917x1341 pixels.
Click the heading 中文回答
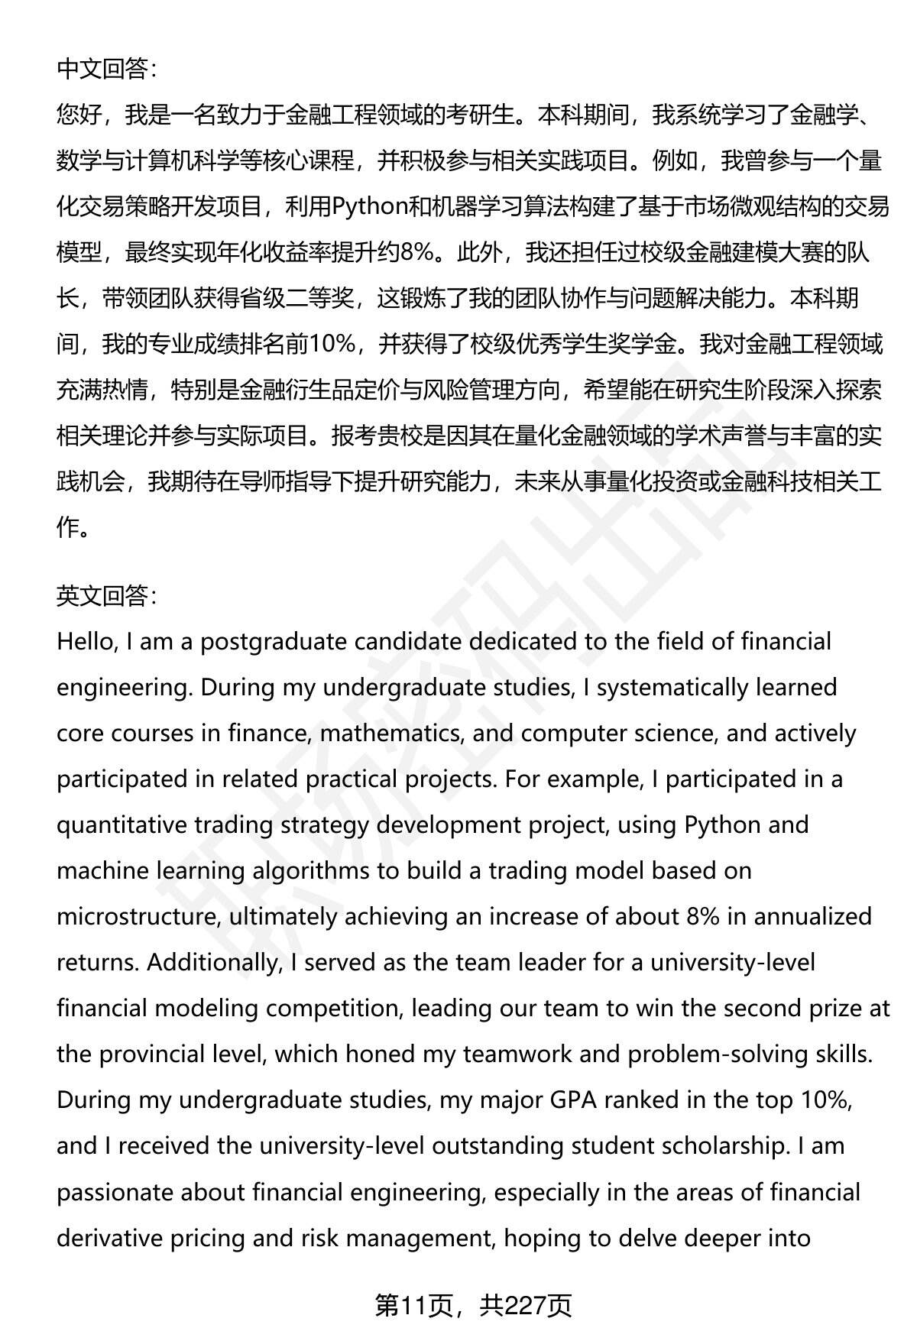click(x=106, y=70)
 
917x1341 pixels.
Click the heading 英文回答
click(x=106, y=596)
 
